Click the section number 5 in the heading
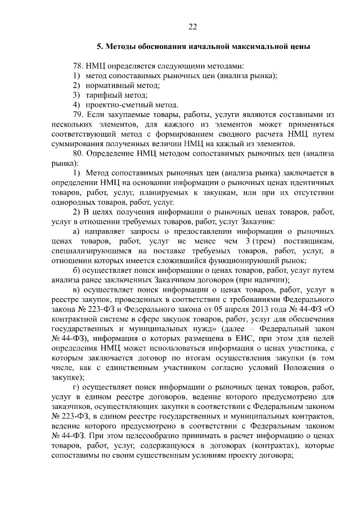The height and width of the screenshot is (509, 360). pos(99,46)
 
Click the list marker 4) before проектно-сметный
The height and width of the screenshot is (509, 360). pos(77,105)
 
